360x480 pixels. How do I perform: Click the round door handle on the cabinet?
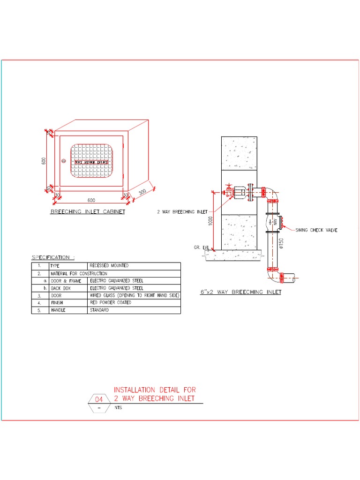pos(64,161)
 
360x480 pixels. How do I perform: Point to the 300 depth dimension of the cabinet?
pos(142,193)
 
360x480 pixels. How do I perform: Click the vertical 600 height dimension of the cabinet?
pos(44,160)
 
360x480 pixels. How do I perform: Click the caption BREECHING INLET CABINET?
pos(88,212)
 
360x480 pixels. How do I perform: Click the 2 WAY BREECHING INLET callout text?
pos(182,212)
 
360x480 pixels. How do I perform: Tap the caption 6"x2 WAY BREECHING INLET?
pos(241,292)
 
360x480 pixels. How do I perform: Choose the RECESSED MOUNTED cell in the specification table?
pos(109,266)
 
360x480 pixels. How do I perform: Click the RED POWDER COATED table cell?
pos(110,303)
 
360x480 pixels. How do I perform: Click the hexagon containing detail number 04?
pos(98,400)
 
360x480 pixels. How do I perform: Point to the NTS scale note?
pos(118,408)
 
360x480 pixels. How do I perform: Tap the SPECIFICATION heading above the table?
pos(52,257)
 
